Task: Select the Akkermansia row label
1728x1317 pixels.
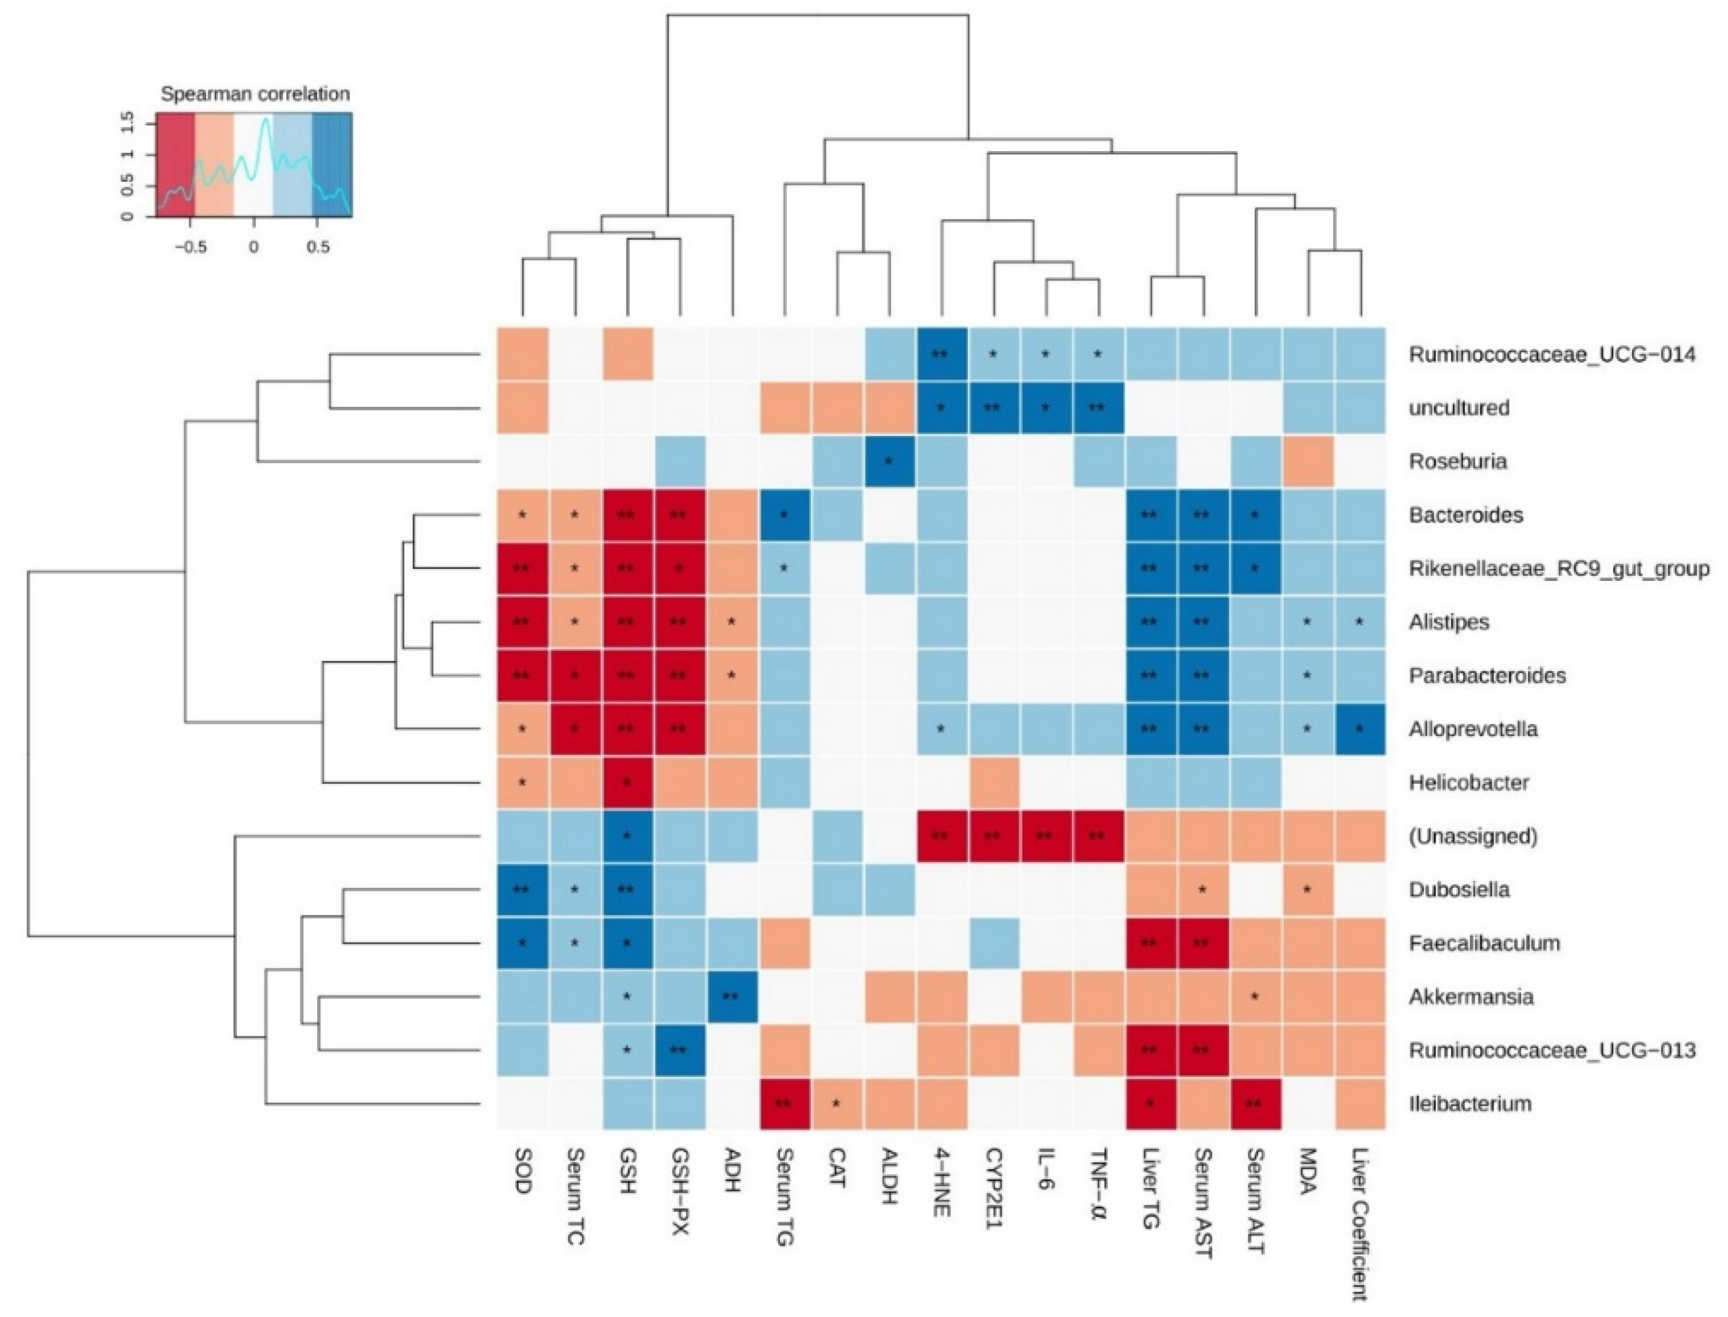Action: pos(1470,996)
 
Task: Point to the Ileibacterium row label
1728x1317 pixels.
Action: pos(1469,1104)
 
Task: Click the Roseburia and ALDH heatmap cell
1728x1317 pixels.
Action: pos(889,461)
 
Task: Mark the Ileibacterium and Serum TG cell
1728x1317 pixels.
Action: pos(784,1104)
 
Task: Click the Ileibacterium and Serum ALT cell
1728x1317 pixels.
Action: pos(1255,1104)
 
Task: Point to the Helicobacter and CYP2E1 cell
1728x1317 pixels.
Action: pos(993,783)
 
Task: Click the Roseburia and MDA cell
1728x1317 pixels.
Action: pos(1307,461)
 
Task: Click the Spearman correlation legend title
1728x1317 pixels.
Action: pos(255,94)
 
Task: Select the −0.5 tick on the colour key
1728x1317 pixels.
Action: pos(190,247)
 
